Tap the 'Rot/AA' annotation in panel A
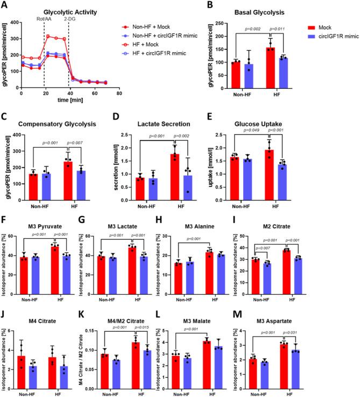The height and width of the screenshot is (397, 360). coord(44,18)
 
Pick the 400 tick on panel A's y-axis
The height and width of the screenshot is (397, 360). coord(15,23)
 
